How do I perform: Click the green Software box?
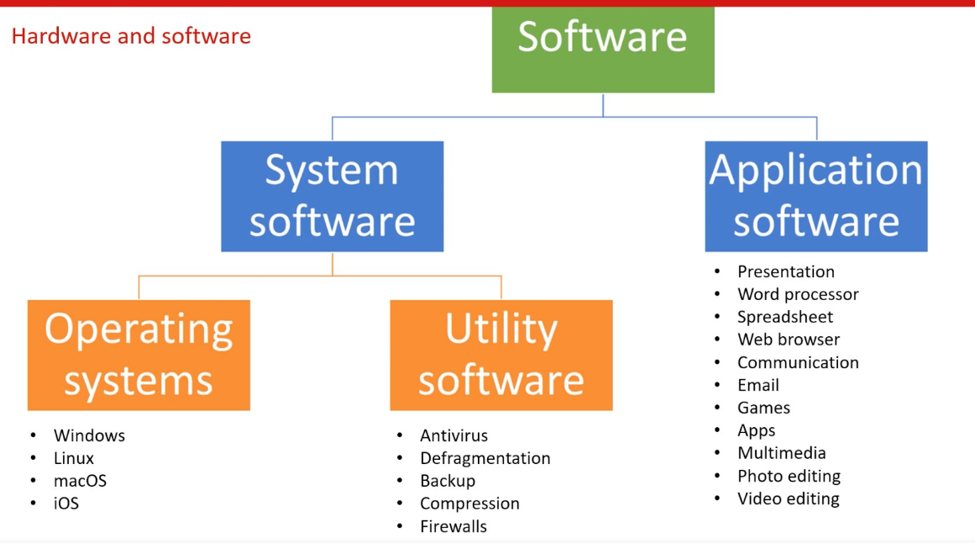602,49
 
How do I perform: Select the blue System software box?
332,196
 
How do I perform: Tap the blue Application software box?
815,196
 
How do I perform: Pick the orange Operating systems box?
139,355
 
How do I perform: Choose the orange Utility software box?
501,355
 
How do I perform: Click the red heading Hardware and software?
131,36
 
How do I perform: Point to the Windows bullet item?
89,435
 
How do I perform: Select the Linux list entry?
74,458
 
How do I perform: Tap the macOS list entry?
80,481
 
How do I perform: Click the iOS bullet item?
66,503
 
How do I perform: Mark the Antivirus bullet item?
453,435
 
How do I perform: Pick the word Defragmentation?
485,458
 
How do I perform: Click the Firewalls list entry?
453,526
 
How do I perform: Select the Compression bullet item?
469,503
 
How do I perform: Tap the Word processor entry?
798,294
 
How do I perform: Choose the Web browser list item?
789,340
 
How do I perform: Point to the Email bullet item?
758,385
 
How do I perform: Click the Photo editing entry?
789,476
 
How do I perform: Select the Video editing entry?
788,498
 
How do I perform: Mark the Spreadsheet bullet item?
785,317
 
